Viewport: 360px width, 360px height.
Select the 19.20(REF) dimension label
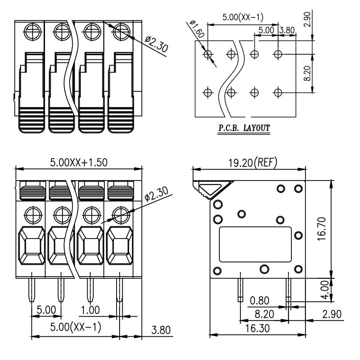click(250, 163)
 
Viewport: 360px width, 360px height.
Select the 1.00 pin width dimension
click(91, 310)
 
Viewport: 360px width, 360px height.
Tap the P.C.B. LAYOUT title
click(244, 128)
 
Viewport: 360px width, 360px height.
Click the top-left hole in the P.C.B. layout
click(208, 54)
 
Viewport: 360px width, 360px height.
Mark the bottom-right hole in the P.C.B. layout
click(278, 92)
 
